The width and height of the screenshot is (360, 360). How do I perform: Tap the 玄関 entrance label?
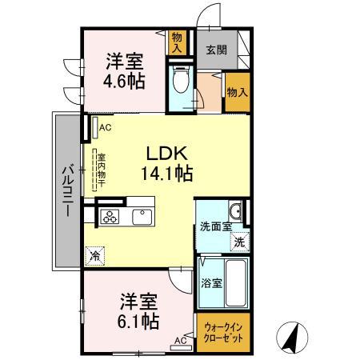coord(215,49)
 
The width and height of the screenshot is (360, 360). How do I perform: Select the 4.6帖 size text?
coord(123,81)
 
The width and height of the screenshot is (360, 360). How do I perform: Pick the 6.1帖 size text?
coord(139,322)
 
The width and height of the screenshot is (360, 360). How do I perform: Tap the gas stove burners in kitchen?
coord(110,216)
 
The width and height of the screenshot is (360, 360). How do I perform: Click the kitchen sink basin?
coord(142,216)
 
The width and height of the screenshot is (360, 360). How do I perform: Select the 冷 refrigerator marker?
coord(95,256)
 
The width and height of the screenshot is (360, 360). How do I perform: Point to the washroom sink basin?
coord(234,212)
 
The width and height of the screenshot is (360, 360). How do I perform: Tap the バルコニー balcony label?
coord(68,192)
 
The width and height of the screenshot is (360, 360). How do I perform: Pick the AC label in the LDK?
coord(106,126)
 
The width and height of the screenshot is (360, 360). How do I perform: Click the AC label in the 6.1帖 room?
coord(180,340)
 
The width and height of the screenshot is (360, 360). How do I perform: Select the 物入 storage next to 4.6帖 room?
coord(178,42)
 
